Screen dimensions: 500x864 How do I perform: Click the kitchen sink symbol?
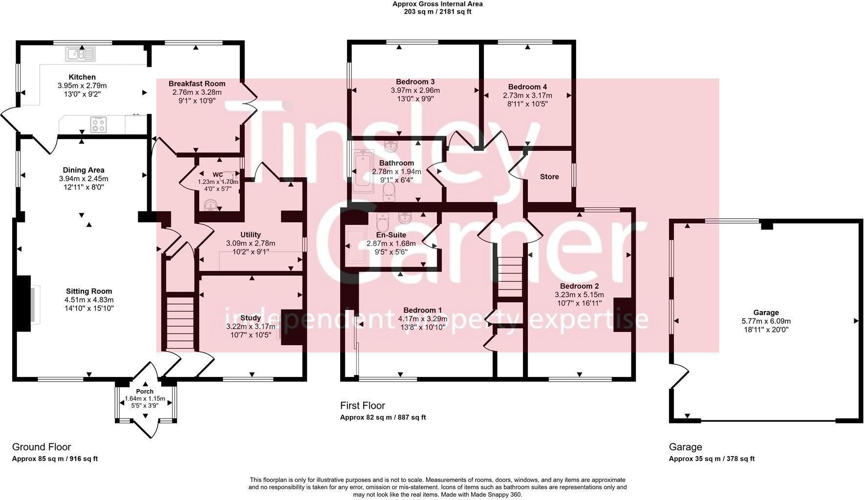(x=80, y=54)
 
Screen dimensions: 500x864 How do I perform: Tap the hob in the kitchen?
(x=98, y=124)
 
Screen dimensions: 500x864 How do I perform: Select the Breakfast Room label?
(x=197, y=84)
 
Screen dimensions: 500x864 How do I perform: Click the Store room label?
(x=549, y=177)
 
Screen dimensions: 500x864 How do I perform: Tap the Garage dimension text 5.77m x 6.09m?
(x=766, y=321)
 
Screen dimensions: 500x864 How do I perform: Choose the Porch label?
(x=145, y=392)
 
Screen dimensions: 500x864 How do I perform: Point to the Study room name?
(x=250, y=318)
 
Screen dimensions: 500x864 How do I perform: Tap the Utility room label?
(x=250, y=235)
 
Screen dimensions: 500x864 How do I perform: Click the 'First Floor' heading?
(x=363, y=405)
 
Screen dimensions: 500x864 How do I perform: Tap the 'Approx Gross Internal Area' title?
(x=437, y=4)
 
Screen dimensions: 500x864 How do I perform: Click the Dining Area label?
(x=83, y=170)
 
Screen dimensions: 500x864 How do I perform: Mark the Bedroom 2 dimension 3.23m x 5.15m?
(x=579, y=295)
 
